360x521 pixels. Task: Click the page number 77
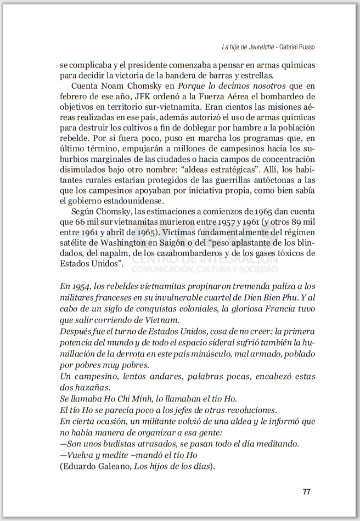pos(307,491)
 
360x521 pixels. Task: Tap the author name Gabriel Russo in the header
pos(297,47)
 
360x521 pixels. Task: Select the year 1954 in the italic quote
pos(81,286)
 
